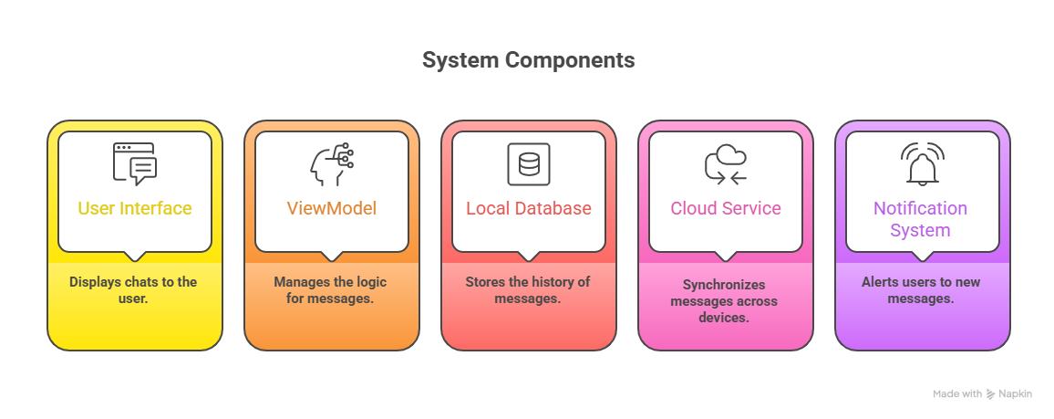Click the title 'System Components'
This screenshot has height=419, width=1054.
(528, 61)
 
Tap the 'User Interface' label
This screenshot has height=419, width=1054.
(135, 208)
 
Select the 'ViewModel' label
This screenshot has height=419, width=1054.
(332, 208)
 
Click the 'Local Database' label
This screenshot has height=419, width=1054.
(529, 208)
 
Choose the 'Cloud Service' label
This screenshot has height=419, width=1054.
(726, 208)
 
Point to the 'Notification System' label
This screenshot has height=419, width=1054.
(920, 219)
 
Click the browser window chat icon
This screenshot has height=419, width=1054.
(135, 164)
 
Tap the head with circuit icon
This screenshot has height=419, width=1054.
(331, 164)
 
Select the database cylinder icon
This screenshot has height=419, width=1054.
(529, 164)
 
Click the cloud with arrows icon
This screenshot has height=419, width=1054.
(726, 164)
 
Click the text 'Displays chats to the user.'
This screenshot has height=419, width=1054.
(133, 289)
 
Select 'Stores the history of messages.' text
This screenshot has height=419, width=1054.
(528, 289)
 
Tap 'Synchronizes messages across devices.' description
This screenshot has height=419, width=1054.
(724, 301)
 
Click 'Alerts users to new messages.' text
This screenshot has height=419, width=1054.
(921, 289)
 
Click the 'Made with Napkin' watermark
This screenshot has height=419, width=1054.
(983, 394)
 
